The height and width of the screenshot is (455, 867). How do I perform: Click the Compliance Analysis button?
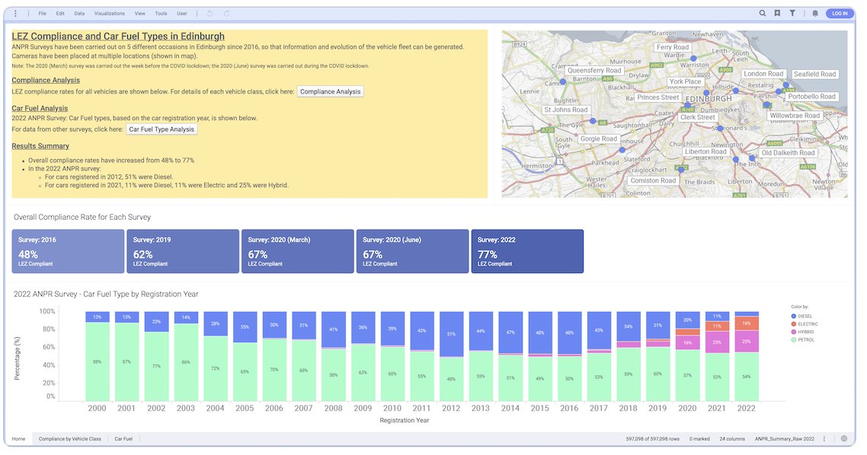(x=330, y=91)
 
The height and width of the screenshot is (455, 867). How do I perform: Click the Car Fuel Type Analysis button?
(x=162, y=129)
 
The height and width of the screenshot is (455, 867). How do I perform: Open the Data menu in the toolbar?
(x=79, y=14)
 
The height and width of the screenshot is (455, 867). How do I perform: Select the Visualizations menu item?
(x=110, y=14)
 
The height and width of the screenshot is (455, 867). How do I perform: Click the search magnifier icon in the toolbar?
(x=763, y=13)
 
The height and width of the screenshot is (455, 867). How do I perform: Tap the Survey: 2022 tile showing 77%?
(x=527, y=251)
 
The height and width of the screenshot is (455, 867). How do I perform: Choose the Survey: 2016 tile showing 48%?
(x=68, y=251)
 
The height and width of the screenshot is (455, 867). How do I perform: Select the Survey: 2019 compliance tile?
(x=183, y=251)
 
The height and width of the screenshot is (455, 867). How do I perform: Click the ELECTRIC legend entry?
(x=805, y=324)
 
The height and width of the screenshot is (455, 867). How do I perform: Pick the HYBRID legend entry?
(x=805, y=332)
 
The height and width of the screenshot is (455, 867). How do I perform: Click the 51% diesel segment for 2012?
(x=451, y=334)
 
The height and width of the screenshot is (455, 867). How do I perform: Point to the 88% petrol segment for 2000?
(x=98, y=361)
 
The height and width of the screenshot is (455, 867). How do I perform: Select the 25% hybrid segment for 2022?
(x=746, y=341)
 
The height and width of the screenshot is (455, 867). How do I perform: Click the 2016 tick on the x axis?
(x=569, y=409)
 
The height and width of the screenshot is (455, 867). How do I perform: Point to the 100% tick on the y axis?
(x=47, y=312)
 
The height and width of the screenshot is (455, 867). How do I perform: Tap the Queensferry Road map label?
(x=594, y=70)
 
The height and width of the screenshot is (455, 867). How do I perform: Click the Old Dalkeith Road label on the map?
(x=788, y=153)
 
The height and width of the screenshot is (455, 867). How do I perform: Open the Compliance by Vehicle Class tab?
(x=70, y=439)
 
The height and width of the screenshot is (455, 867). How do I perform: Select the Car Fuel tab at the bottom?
(x=123, y=439)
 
